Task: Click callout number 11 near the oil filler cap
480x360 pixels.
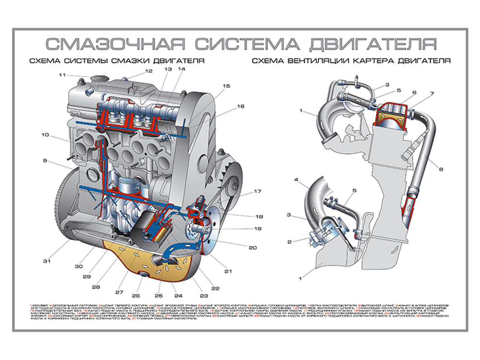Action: point(62,75)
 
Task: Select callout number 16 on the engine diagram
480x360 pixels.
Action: point(240,106)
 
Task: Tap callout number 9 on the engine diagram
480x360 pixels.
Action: point(45,161)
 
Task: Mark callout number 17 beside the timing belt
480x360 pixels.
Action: point(257,192)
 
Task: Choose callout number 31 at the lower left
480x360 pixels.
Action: point(46,261)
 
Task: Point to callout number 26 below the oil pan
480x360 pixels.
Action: point(136,296)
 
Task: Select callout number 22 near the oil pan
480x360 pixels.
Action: point(215,288)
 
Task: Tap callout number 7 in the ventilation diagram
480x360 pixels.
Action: point(432,94)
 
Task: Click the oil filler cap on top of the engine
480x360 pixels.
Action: point(99,78)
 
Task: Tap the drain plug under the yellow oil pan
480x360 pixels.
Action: point(143,275)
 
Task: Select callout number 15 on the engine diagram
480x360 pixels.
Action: point(226,86)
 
